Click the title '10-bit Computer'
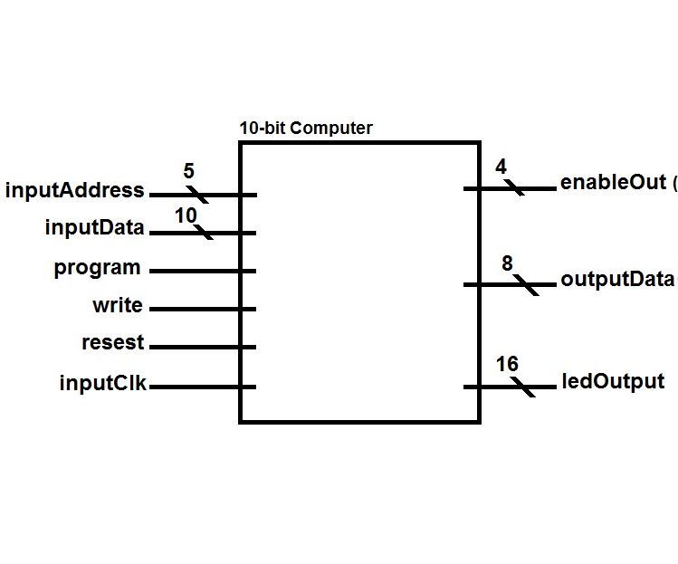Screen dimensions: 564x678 tap(305, 129)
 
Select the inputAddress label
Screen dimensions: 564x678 tap(74, 191)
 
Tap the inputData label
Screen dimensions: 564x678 tap(94, 228)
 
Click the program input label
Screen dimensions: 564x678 tap(97, 268)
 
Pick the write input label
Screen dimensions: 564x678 tap(117, 306)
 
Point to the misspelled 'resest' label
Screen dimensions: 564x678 tap(112, 343)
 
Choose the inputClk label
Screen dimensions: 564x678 tap(103, 383)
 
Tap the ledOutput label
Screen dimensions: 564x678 tap(612, 382)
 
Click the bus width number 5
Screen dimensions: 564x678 tap(188, 172)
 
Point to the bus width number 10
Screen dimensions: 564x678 tap(186, 215)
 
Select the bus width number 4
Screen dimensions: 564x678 tap(501, 167)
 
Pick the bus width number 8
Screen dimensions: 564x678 tap(507, 263)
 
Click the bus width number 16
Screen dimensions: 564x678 tap(507, 364)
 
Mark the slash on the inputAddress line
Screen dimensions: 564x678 tap(196, 195)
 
